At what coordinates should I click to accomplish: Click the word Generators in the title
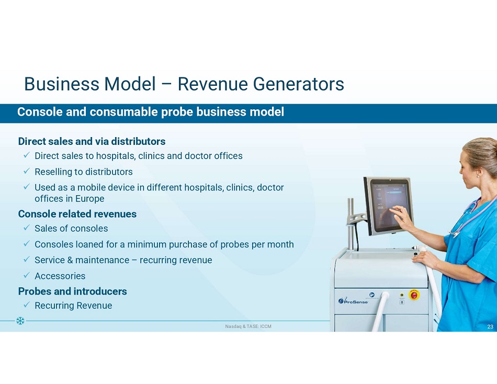tap(298, 84)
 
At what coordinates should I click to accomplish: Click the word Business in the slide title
tap(62, 84)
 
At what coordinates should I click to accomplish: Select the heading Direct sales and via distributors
tap(92, 141)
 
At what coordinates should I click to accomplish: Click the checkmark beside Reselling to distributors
tap(27, 171)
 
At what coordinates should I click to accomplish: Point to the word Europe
tap(89, 199)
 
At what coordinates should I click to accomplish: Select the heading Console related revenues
tap(77, 214)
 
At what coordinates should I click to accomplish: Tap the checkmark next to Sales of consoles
tap(27, 228)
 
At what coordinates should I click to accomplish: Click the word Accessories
tap(60, 276)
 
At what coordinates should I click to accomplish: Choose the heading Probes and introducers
tap(72, 291)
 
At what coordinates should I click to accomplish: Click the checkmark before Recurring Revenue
tap(27, 304)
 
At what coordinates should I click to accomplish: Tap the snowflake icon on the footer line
tap(20, 321)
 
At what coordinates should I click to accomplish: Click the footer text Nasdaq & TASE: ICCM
tap(248, 326)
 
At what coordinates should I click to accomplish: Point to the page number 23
tap(490, 326)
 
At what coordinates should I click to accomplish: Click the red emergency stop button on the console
tap(414, 295)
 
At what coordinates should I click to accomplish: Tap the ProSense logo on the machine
tap(353, 301)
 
